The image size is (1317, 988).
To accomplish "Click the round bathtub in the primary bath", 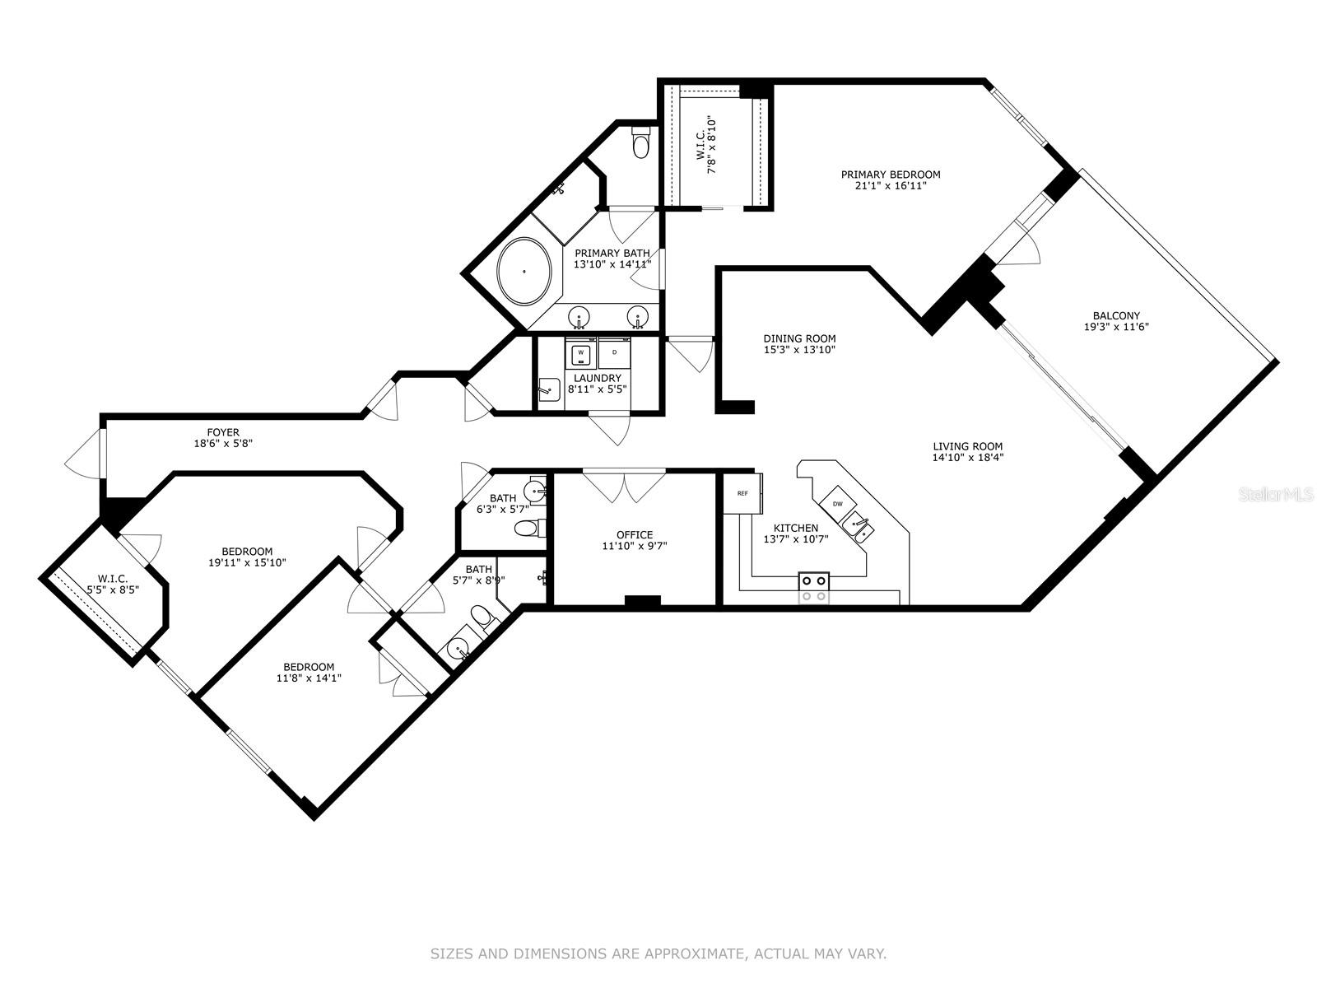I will pyautogui.click(x=524, y=270).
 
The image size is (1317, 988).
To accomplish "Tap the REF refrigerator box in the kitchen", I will pyautogui.click(x=742, y=493).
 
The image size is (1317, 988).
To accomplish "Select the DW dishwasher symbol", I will pyautogui.click(x=837, y=503).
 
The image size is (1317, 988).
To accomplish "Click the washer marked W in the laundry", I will pyautogui.click(x=581, y=352).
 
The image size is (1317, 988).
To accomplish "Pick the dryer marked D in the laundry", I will pyautogui.click(x=614, y=352).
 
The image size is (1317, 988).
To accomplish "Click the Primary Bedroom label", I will pyautogui.click(x=890, y=175).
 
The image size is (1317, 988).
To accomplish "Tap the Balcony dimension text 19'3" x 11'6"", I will pyautogui.click(x=1116, y=327).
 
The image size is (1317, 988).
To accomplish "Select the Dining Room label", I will pyautogui.click(x=799, y=338).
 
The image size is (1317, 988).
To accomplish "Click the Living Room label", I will pyautogui.click(x=967, y=446).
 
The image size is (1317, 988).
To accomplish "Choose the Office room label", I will pyautogui.click(x=634, y=534).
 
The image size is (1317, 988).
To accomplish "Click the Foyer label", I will pyautogui.click(x=223, y=431).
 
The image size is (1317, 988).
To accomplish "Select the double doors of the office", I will pyautogui.click(x=624, y=486).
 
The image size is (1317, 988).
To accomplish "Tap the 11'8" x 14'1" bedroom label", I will pyautogui.click(x=309, y=667).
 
